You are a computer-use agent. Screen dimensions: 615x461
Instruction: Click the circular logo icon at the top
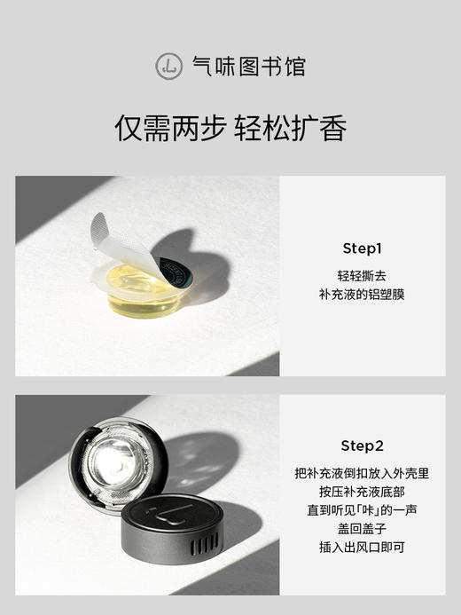(x=168, y=66)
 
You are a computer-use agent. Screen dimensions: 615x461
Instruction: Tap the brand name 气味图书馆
(x=249, y=66)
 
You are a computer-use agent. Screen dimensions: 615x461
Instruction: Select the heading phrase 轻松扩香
(x=290, y=129)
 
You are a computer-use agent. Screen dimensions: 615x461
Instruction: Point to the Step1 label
(x=362, y=248)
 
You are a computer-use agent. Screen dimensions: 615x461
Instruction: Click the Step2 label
(x=362, y=445)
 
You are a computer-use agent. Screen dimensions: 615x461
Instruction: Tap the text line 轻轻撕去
(x=362, y=276)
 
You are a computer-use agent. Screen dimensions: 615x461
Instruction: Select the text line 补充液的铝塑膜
(x=362, y=294)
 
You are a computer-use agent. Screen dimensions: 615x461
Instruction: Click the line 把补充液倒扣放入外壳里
(x=362, y=474)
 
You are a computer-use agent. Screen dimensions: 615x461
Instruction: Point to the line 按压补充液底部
(x=362, y=492)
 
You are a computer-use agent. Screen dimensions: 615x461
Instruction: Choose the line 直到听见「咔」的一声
(x=362, y=510)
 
